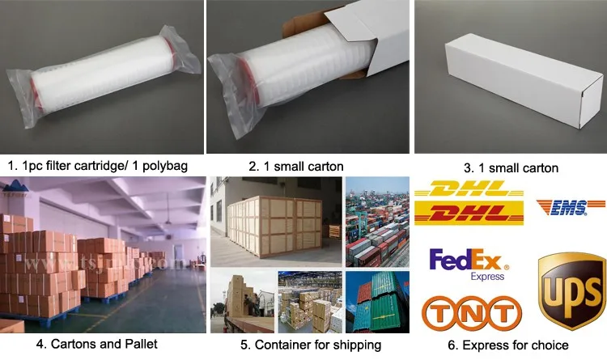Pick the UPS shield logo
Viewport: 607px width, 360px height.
pyautogui.click(x=571, y=287)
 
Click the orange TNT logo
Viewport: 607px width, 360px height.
pyautogui.click(x=472, y=313)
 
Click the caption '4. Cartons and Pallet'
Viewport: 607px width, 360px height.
pyautogui.click(x=96, y=344)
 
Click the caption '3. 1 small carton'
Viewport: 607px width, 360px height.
pyautogui.click(x=511, y=168)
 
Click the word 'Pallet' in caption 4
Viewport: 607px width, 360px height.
pyautogui.click(x=138, y=344)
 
